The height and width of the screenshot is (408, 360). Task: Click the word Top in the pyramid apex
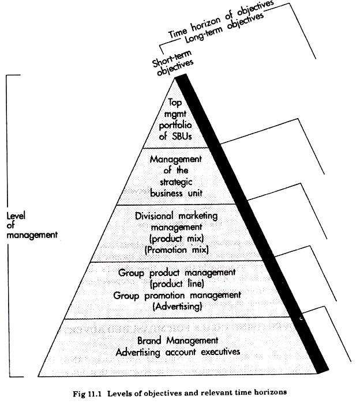point(175,103)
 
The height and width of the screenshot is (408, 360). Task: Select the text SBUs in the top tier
point(182,137)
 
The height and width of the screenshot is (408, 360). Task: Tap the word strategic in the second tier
point(176,182)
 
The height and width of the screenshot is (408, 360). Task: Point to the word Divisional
point(154,216)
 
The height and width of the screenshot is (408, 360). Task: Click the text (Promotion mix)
point(177,250)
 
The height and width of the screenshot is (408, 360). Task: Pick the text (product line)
point(177,284)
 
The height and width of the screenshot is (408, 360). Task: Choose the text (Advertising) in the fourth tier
point(177,307)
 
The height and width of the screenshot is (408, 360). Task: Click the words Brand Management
point(178,341)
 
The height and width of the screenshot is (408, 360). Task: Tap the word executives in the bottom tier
point(220,352)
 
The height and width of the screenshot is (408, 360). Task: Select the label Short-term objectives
point(173,63)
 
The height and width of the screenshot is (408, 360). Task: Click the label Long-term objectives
point(224,27)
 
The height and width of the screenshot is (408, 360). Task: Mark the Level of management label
point(32,225)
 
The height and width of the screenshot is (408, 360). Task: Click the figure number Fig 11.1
point(87,394)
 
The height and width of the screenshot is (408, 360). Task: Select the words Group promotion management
point(177,296)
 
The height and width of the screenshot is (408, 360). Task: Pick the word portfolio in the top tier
point(175,126)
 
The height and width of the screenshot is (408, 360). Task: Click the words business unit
point(177,194)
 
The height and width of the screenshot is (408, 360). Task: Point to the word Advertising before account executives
point(138,353)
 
